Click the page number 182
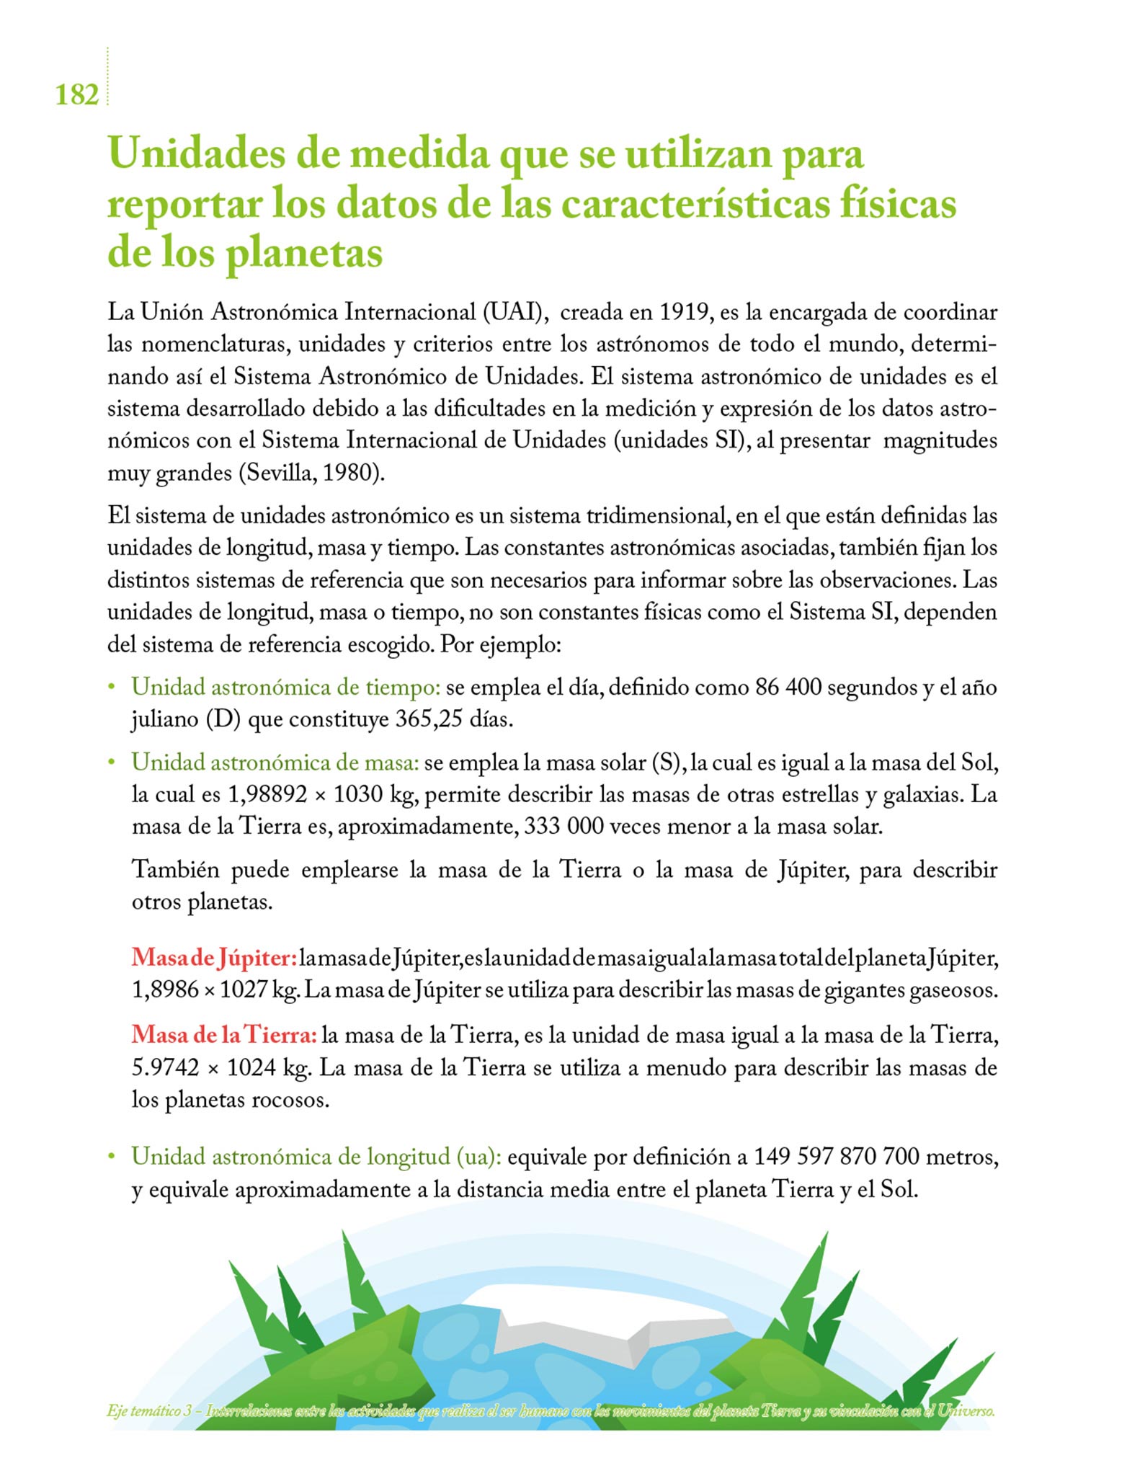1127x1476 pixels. [76, 94]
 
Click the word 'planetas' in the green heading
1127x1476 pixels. [305, 254]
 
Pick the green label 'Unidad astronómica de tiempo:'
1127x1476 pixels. [285, 687]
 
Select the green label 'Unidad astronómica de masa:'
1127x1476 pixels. [275, 762]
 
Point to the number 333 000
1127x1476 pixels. [563, 826]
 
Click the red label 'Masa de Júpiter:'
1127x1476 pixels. [214, 958]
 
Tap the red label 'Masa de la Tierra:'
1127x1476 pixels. [224, 1035]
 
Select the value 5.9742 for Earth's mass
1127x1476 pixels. [165, 1067]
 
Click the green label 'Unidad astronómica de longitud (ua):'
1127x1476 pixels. [316, 1157]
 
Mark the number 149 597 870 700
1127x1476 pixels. [836, 1157]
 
